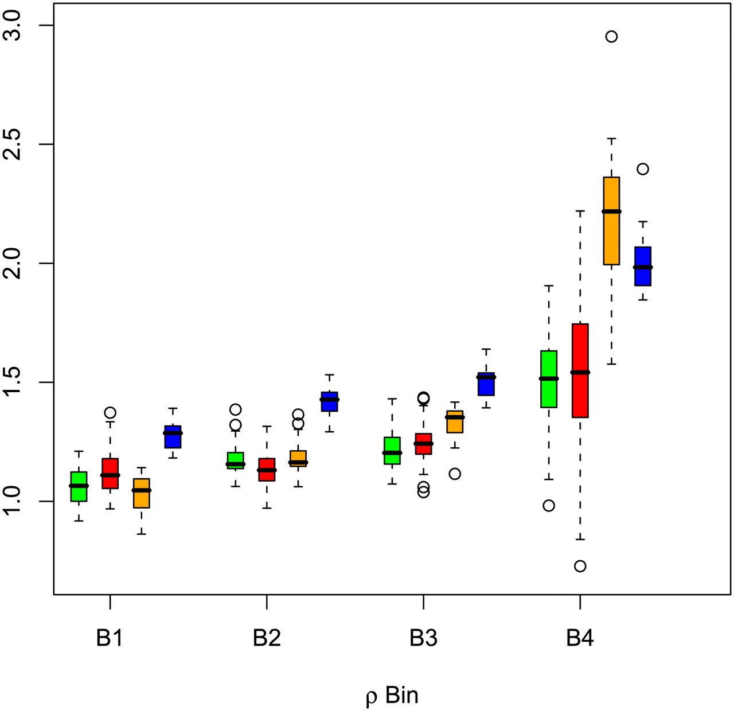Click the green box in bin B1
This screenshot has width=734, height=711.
[79, 486]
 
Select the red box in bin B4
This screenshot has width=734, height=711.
[580, 370]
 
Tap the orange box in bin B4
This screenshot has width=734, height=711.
[611, 221]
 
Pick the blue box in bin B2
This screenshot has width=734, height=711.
[329, 401]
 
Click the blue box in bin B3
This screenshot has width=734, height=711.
[486, 384]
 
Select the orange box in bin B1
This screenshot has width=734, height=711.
[141, 493]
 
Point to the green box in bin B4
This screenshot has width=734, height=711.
[549, 379]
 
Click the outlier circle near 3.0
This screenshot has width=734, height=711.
[611, 37]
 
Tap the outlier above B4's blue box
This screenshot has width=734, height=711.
[643, 169]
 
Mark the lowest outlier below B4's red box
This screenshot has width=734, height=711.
[580, 566]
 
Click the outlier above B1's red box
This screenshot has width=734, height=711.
[110, 412]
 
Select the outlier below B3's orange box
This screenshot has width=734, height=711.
[455, 474]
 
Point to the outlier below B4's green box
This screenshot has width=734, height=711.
[549, 505]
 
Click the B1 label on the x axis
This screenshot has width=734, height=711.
[110, 638]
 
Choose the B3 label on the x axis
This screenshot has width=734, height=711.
[423, 638]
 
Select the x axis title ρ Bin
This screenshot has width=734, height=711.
[392, 696]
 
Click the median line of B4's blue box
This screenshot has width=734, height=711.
[643, 267]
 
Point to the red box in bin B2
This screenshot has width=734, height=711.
[267, 470]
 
